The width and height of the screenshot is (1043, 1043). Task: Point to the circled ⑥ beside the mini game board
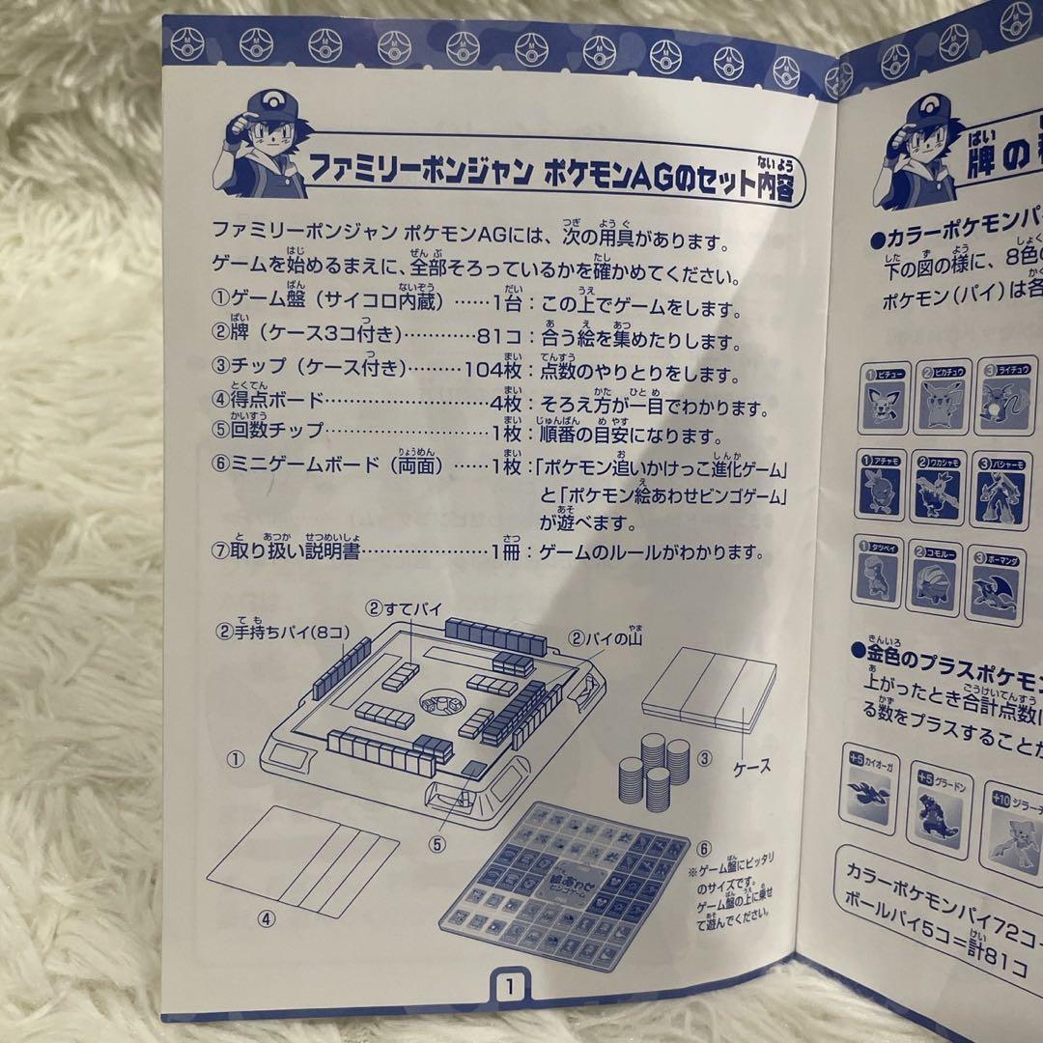click(x=705, y=849)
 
